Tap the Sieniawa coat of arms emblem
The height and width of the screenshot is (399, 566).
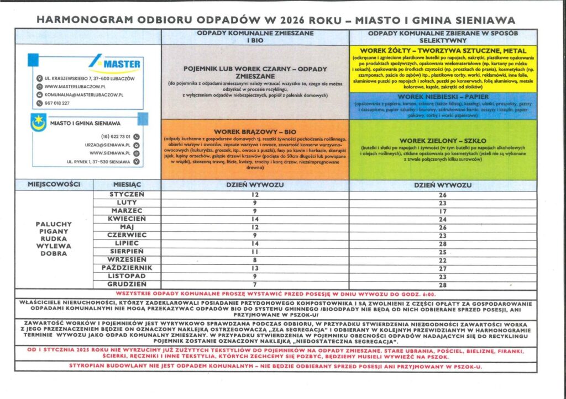coord(38,123)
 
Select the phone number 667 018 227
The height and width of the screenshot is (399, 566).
coord(57,103)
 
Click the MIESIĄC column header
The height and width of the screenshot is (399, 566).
coord(127,185)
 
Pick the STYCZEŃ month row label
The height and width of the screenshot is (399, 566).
coord(127,194)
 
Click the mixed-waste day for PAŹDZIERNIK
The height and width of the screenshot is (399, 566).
coord(255,268)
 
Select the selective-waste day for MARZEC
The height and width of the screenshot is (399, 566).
coord(442,211)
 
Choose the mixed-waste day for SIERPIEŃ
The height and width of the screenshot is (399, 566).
coord(255,251)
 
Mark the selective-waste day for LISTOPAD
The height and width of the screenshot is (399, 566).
coord(442,276)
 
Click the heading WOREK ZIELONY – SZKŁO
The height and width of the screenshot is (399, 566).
coord(442,141)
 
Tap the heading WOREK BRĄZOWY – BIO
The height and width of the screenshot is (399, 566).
coord(255,132)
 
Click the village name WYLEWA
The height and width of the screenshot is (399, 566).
coord(53,247)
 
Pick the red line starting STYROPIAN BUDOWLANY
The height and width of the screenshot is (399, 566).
coord(275,366)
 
